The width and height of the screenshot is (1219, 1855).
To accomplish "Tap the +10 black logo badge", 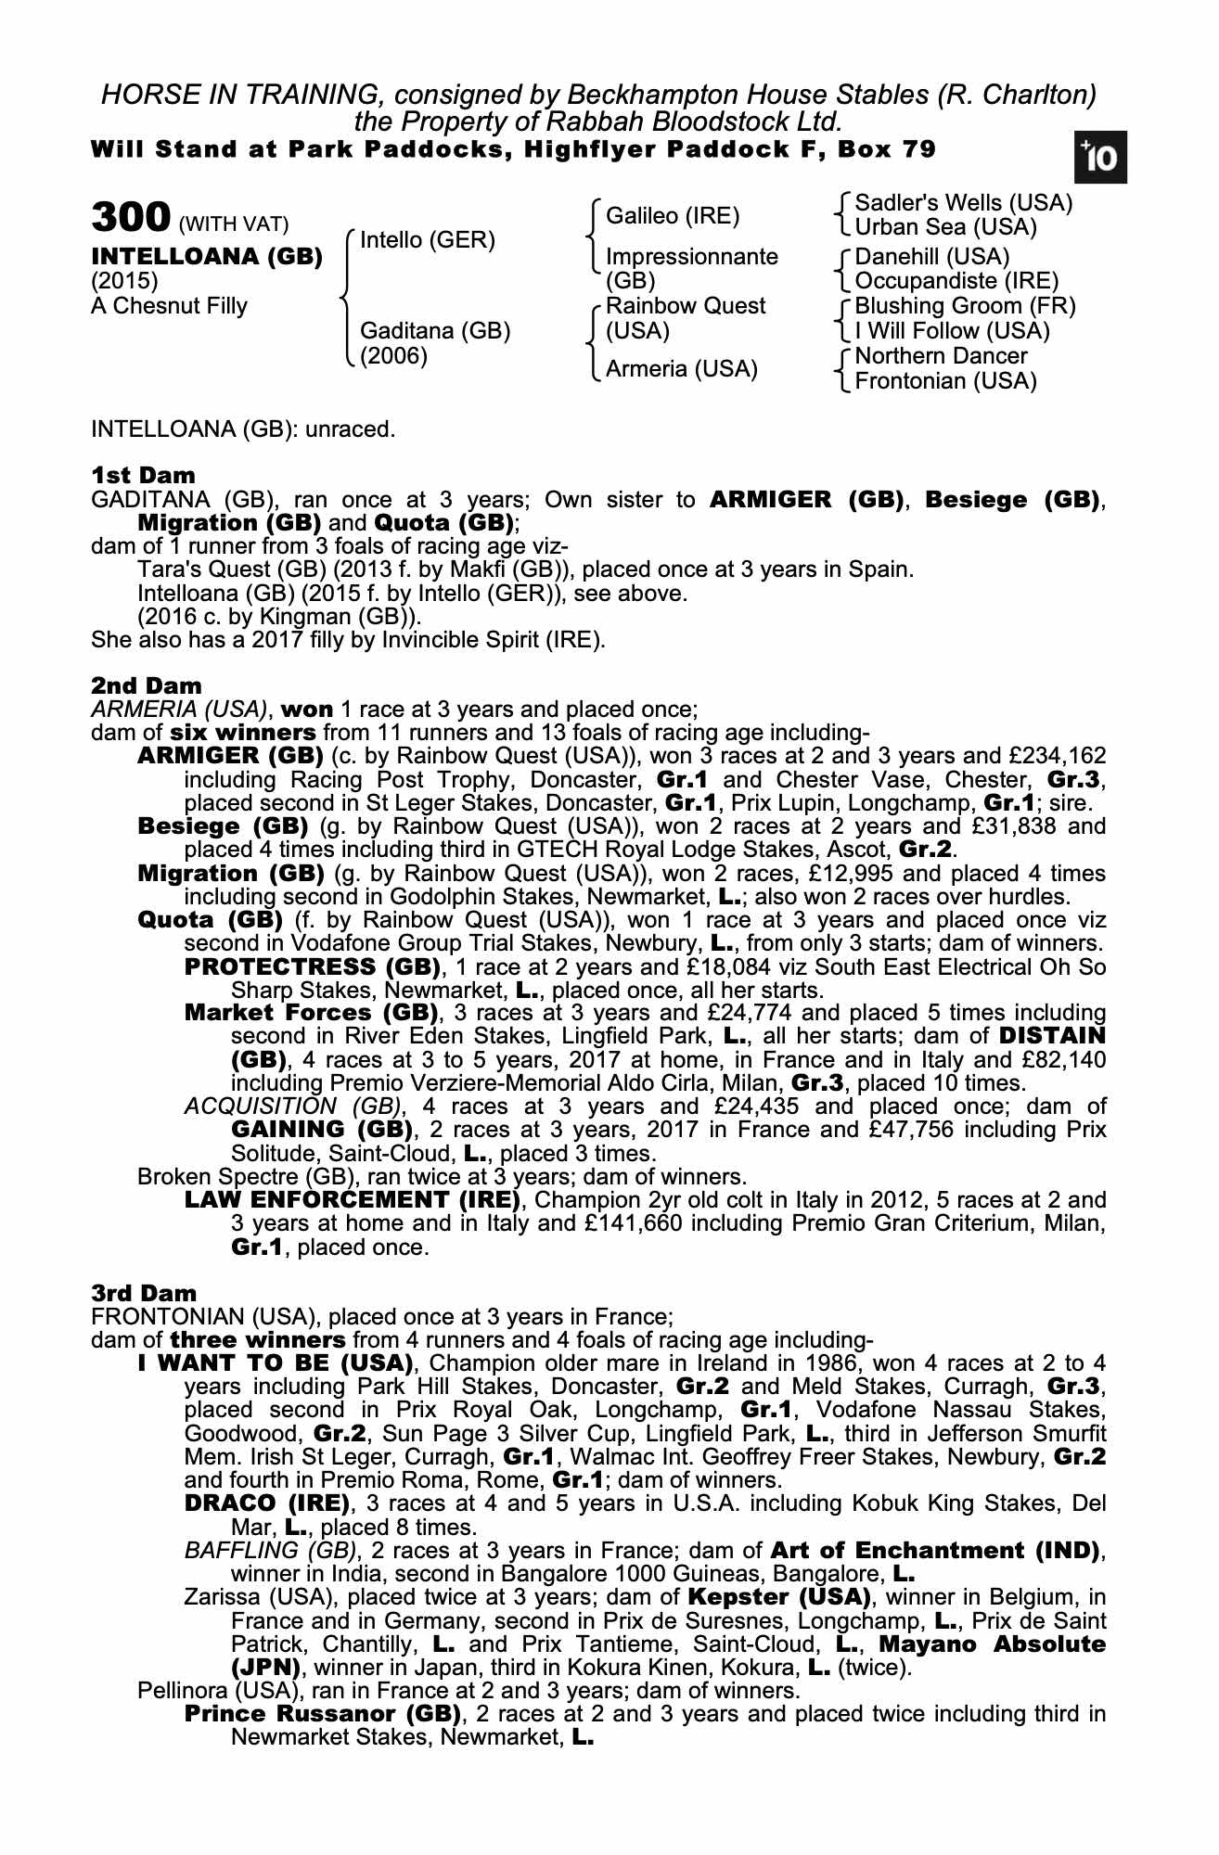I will [x=1101, y=160].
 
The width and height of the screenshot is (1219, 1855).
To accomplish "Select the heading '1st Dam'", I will [x=144, y=476].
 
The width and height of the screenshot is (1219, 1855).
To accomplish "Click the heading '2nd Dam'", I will [x=147, y=686].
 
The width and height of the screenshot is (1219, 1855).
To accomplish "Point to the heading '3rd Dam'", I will [x=144, y=1293].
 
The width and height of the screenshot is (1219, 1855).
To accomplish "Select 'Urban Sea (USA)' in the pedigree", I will [x=945, y=227].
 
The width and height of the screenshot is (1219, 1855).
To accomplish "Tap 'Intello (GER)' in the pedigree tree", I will [x=427, y=240].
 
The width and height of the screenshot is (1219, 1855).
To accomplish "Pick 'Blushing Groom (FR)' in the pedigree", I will [x=965, y=306].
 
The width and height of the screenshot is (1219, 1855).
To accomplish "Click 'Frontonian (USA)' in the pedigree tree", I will [x=945, y=381].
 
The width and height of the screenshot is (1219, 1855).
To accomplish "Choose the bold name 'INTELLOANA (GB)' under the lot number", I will [x=207, y=257].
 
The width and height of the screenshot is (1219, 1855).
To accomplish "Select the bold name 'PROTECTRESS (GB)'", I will [x=313, y=967].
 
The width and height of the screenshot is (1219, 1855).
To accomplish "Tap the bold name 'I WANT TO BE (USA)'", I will [x=275, y=1363].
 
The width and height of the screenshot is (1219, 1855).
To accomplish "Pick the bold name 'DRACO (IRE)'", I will [x=267, y=1503].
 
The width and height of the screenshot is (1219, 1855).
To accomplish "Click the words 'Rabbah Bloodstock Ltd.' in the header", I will [x=696, y=122].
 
